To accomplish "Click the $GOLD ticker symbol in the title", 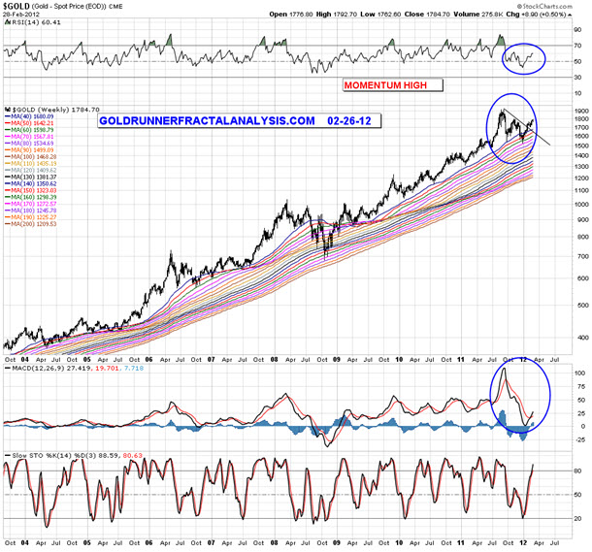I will tap(16, 7).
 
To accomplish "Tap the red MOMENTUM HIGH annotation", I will tap(393, 85).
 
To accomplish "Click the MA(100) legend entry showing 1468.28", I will tap(33, 154).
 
